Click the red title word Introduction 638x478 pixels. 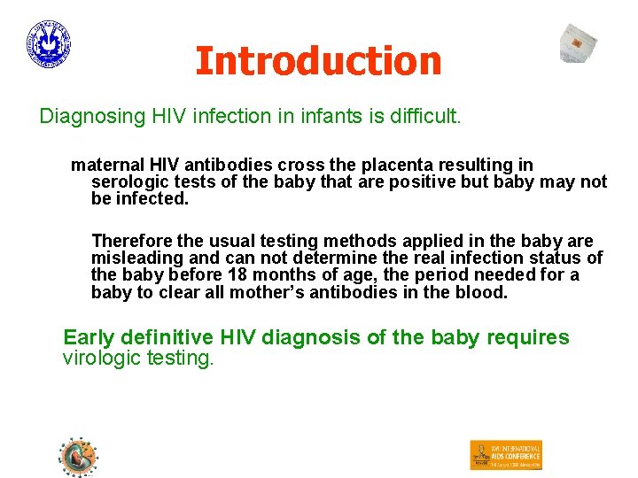[x=318, y=61]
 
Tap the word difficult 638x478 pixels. [x=426, y=117]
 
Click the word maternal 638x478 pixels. [x=105, y=165]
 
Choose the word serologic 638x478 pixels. [x=128, y=182]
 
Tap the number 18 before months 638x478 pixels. [x=236, y=275]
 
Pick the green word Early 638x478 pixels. [x=89, y=338]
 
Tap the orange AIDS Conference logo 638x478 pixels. [x=505, y=455]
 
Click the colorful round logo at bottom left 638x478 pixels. [x=78, y=457]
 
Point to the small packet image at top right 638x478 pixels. [x=579, y=43]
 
